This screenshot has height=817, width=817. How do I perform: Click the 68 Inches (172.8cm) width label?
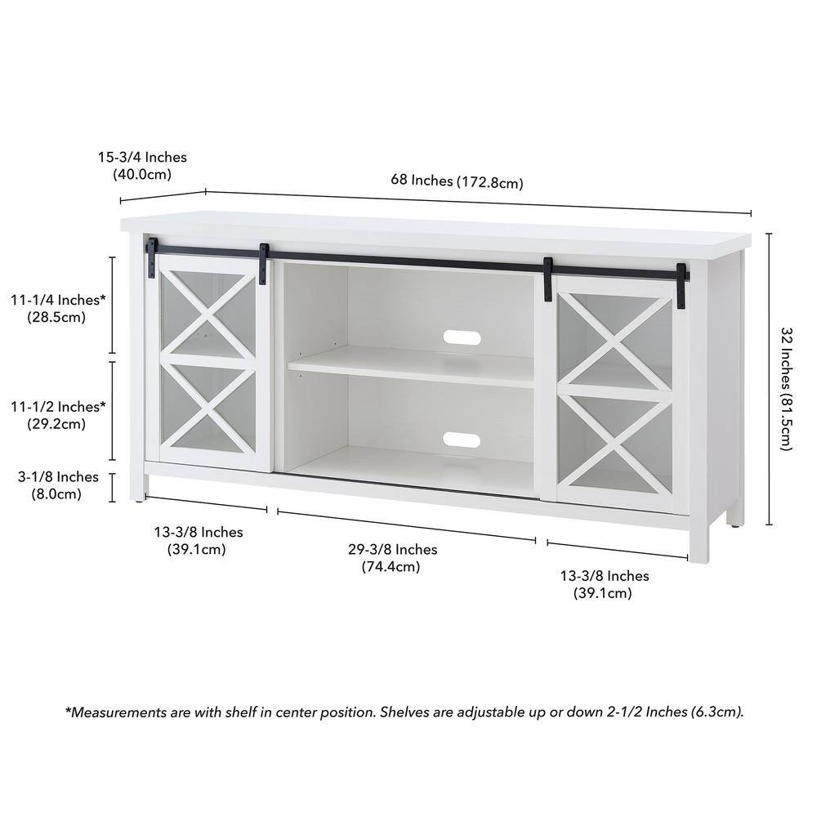point(457,181)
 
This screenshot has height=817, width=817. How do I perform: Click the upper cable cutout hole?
point(462,337)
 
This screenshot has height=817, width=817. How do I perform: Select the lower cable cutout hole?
point(462,440)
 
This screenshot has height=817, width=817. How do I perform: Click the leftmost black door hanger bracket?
point(151,258)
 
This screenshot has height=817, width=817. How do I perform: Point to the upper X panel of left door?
point(208,315)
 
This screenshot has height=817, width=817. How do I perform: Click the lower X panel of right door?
point(615,444)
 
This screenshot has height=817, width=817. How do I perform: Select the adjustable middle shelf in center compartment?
point(411,366)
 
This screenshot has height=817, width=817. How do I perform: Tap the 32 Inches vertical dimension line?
point(769,379)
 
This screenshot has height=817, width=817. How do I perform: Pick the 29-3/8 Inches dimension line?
point(406,526)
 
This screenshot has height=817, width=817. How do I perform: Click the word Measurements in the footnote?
point(118,712)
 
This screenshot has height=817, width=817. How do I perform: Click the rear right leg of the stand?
point(735,518)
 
